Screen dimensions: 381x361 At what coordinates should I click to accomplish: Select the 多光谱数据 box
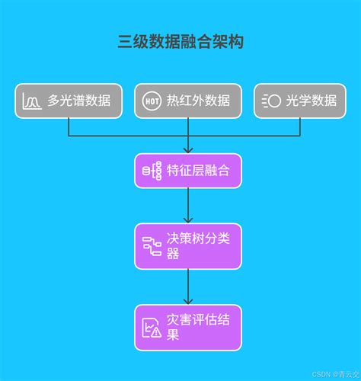68,101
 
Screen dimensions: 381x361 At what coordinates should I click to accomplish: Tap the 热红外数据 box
187,101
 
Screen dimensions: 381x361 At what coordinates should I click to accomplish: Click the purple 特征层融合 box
188,170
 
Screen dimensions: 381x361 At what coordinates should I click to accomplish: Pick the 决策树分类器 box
188,245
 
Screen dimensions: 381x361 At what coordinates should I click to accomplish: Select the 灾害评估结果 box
188,327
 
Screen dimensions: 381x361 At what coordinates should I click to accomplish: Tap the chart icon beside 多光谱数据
33,101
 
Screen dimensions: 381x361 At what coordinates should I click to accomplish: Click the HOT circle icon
151,101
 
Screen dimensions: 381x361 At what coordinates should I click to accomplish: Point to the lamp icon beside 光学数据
271,101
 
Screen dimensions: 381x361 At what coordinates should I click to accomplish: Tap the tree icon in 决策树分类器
152,246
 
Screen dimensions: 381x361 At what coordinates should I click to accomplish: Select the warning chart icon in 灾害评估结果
152,328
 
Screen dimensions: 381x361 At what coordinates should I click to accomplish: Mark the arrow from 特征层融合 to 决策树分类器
188,205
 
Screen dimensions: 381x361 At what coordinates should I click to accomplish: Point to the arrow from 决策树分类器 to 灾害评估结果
188,286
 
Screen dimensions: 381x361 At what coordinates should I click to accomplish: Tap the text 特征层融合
198,170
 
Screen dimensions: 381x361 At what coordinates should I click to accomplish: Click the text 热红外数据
198,101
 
